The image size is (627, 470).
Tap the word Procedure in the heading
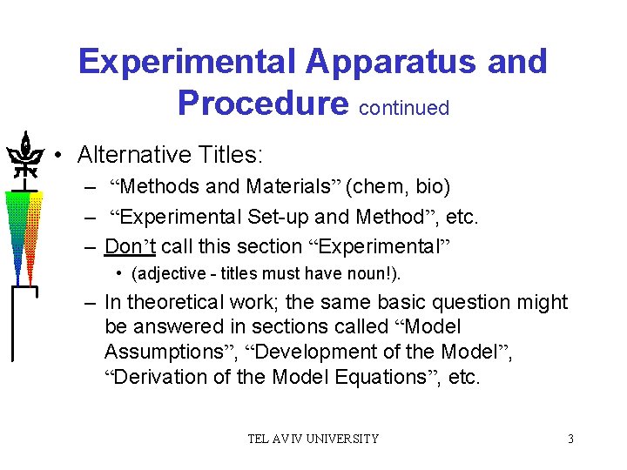pyautogui.click(x=261, y=103)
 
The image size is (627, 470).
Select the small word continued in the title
pyautogui.click(x=403, y=108)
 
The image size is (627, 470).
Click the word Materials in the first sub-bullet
pyautogui.click(x=293, y=186)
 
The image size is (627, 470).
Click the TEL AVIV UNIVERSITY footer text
pyautogui.click(x=313, y=439)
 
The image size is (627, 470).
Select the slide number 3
pyautogui.click(x=570, y=439)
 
